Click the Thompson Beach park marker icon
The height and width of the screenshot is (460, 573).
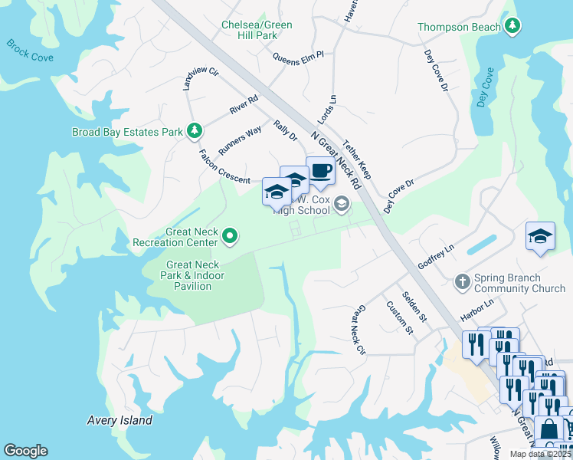512,27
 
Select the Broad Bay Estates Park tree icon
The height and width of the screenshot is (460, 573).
195,132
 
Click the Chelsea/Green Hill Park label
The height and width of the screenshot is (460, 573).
257,30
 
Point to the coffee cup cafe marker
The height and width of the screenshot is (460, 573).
320,172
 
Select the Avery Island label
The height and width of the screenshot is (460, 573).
119,420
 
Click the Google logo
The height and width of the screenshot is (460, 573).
25,451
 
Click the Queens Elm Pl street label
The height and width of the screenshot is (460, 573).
299,55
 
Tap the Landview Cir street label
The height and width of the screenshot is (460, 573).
190,80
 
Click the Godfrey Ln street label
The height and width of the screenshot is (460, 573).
436,255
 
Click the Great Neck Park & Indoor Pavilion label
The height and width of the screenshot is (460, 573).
188,275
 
